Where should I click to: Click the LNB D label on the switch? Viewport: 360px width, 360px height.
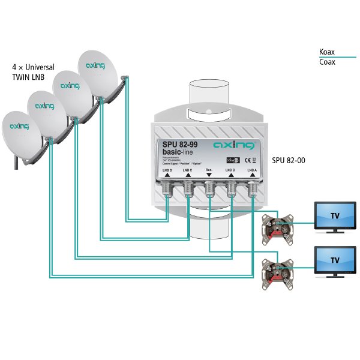pos(167,170)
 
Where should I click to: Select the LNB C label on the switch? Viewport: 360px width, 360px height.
pos(188,170)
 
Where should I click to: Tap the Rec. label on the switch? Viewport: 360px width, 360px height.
pos(209,170)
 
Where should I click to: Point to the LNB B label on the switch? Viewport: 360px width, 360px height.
pos(230,170)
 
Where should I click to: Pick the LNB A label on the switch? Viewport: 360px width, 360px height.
pos(251,170)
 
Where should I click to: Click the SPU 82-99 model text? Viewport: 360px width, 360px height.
pos(181,144)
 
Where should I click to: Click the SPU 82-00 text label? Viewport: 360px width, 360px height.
pos(290,161)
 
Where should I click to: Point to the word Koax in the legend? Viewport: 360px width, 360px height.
pos(327,52)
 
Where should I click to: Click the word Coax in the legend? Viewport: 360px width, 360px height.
pos(327,62)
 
